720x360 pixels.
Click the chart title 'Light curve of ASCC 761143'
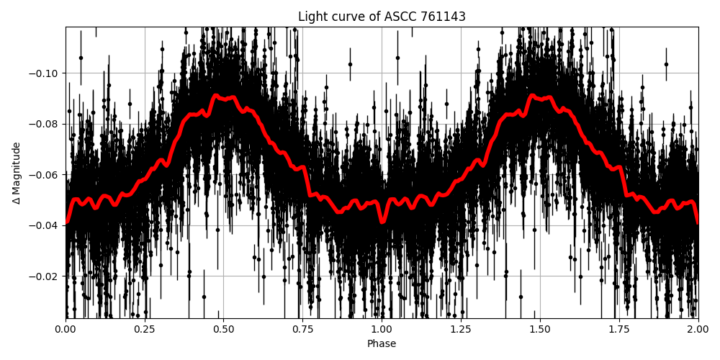click(382, 17)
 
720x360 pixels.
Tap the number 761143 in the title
click(441, 17)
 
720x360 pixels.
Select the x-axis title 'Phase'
click(382, 343)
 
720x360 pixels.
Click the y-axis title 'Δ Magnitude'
click(17, 173)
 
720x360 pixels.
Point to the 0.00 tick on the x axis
click(66, 329)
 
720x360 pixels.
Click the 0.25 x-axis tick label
click(145, 329)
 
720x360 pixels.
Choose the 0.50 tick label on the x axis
click(224, 329)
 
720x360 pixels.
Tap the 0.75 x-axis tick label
click(303, 329)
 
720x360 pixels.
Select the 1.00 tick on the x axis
click(382, 329)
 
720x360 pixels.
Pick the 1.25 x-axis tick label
click(461, 329)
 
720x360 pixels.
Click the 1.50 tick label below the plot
click(540, 329)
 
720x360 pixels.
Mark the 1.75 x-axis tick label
click(619, 329)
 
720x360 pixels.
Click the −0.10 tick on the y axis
click(45, 73)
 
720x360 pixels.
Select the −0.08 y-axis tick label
click(45, 124)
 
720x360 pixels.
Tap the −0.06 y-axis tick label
click(45, 175)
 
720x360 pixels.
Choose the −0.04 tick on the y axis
click(45, 225)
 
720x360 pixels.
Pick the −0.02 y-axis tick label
click(45, 276)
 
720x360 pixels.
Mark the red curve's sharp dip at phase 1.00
click(382, 222)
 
